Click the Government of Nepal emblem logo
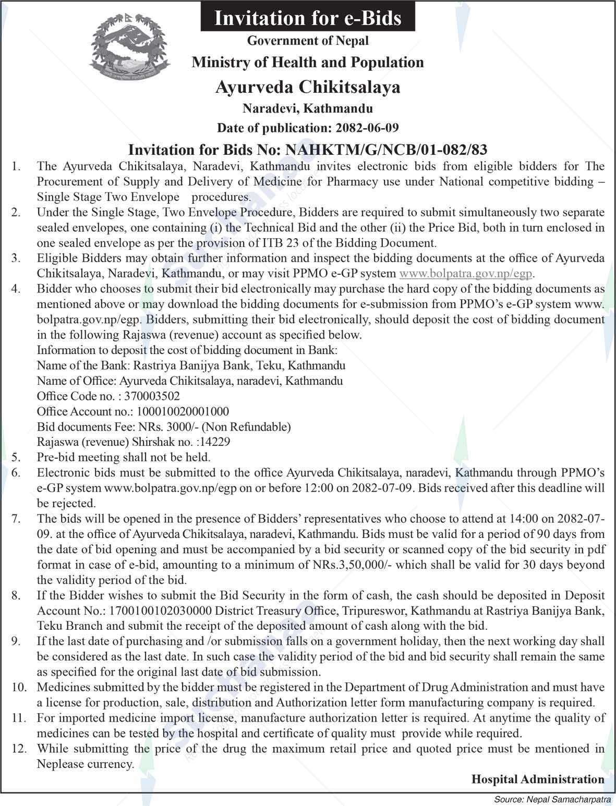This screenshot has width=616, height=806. pyautogui.click(x=130, y=48)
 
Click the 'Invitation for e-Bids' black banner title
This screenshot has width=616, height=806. pyautogui.click(x=308, y=18)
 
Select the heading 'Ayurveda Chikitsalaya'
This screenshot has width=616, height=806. pyautogui.click(x=308, y=86)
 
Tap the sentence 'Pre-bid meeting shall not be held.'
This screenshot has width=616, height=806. pyautogui.click(x=124, y=457)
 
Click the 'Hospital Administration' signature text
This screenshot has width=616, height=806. pyautogui.click(x=538, y=779)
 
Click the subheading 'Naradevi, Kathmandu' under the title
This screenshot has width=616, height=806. pyautogui.click(x=308, y=108)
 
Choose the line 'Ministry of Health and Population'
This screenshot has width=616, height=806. pyautogui.click(x=308, y=63)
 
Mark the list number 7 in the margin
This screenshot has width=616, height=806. pyautogui.click(x=16, y=519)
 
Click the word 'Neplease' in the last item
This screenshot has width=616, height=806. pyautogui.click(x=59, y=764)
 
